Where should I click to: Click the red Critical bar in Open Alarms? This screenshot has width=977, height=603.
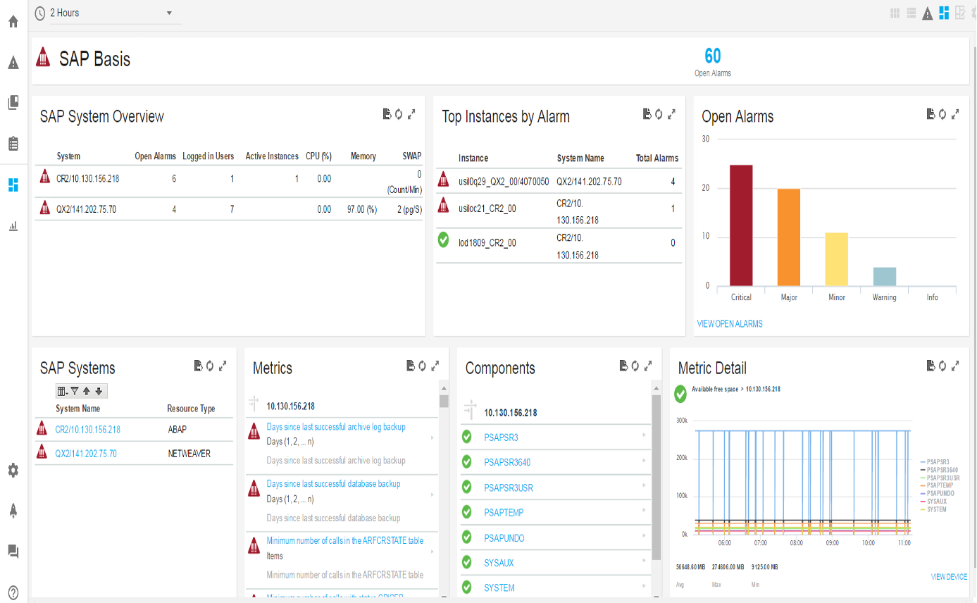coord(741,225)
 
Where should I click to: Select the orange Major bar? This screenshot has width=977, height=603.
coord(789,237)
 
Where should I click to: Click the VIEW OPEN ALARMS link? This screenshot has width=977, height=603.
coord(729,324)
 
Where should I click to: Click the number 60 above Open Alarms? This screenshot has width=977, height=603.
coord(712,56)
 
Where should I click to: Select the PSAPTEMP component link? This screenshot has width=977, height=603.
coord(504,512)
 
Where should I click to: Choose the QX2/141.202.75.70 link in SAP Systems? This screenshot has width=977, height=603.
coord(86,454)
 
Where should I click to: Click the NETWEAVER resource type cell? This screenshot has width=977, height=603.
coord(189,454)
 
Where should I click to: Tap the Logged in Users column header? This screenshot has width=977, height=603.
coord(208,156)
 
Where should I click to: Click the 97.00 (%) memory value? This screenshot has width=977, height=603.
coord(363,209)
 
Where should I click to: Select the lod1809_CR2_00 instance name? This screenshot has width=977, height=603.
coord(487,243)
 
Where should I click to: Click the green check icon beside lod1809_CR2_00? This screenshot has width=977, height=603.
coord(443,240)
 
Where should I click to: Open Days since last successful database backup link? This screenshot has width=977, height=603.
coord(333,484)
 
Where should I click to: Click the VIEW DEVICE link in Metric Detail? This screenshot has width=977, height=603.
coord(949,577)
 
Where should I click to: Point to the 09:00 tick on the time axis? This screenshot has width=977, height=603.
coord(832,543)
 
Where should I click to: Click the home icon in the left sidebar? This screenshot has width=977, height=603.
coord(13,21)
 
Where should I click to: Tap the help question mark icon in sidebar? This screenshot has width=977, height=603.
coord(13,592)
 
